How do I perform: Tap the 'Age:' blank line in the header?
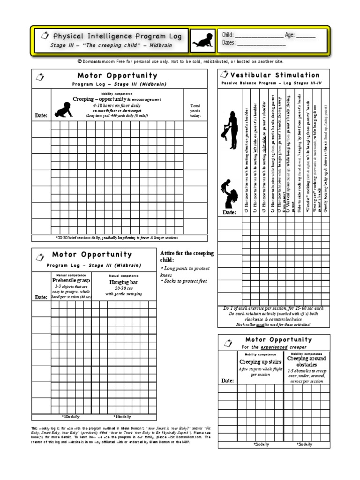[x=306, y=36]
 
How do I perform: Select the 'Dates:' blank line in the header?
[x=262, y=44]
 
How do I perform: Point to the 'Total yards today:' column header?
[x=195, y=111]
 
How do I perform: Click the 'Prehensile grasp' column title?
[x=71, y=280]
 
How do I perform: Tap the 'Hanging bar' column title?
[x=124, y=283]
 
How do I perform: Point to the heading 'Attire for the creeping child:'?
[x=187, y=256]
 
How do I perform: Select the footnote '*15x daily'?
[x=122, y=416]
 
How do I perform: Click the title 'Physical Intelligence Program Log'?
[x=117, y=36]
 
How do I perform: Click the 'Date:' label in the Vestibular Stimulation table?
[x=229, y=212]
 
